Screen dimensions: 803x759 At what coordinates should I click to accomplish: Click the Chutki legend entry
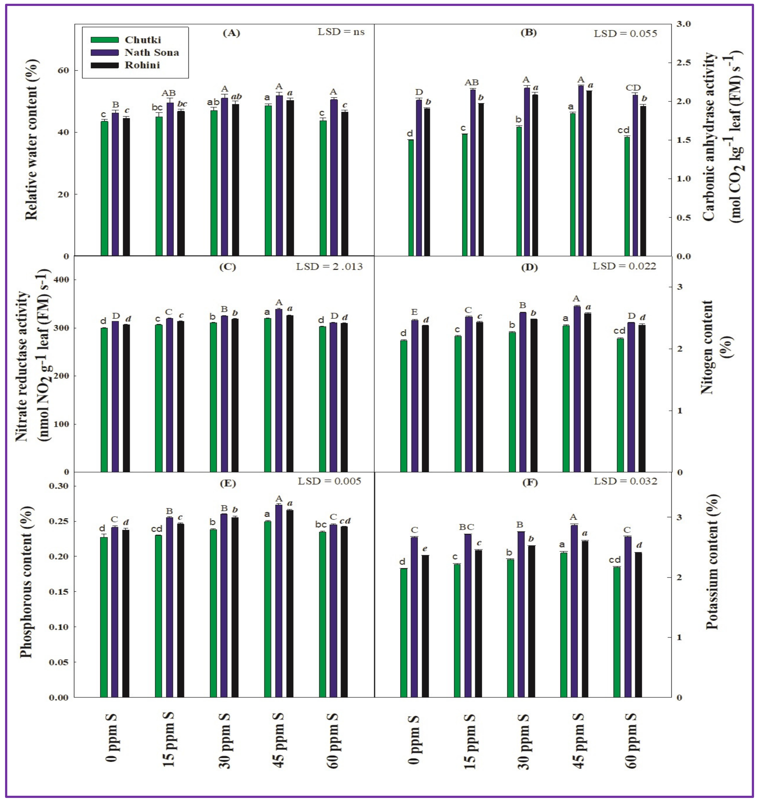point(142,40)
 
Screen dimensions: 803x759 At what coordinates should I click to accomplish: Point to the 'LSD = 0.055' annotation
point(625,34)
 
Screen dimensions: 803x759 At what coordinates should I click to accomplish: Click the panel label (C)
point(227,267)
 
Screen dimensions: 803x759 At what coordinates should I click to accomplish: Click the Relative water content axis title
point(32,140)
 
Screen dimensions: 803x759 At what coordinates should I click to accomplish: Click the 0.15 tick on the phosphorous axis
point(59,591)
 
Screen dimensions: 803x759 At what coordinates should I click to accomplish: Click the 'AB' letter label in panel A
point(169,94)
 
